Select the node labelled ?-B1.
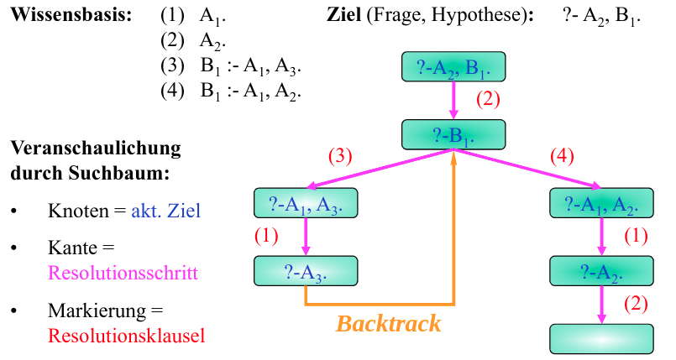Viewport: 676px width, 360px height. pyautogui.click(x=453, y=134)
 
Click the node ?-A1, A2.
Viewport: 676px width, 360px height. pyautogui.click(x=601, y=203)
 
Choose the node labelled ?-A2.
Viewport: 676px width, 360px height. pyautogui.click(x=601, y=271)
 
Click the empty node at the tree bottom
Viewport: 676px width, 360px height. pyautogui.click(x=601, y=338)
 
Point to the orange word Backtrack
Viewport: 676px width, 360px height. pyautogui.click(x=388, y=323)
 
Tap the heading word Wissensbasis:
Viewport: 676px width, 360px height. pyautogui.click(x=72, y=16)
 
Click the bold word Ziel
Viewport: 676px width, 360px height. pyautogui.click(x=344, y=16)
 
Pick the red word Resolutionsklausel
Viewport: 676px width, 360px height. pyautogui.click(x=127, y=336)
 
